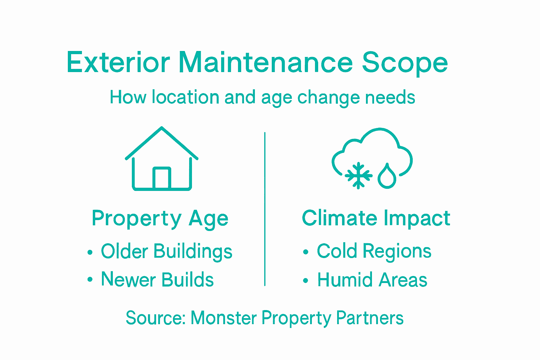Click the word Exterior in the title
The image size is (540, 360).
click(x=118, y=62)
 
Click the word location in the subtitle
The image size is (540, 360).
click(x=185, y=97)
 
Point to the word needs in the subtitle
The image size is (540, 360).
click(x=390, y=97)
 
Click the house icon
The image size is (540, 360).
click(x=161, y=159)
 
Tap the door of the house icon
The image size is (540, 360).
click(x=162, y=178)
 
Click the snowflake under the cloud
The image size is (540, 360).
click(x=359, y=175)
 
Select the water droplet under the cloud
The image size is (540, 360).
click(x=387, y=176)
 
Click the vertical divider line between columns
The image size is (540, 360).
click(x=265, y=209)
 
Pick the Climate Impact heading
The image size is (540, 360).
click(x=376, y=218)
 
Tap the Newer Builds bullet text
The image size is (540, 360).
click(x=157, y=279)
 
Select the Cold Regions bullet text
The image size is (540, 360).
click(x=374, y=252)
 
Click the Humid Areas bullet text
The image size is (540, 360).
click(x=372, y=280)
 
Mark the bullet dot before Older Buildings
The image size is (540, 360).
click(x=90, y=252)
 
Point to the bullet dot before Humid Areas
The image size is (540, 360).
click(x=306, y=281)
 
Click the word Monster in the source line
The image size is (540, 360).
click(x=224, y=318)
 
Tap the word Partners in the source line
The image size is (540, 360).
click(x=370, y=318)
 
